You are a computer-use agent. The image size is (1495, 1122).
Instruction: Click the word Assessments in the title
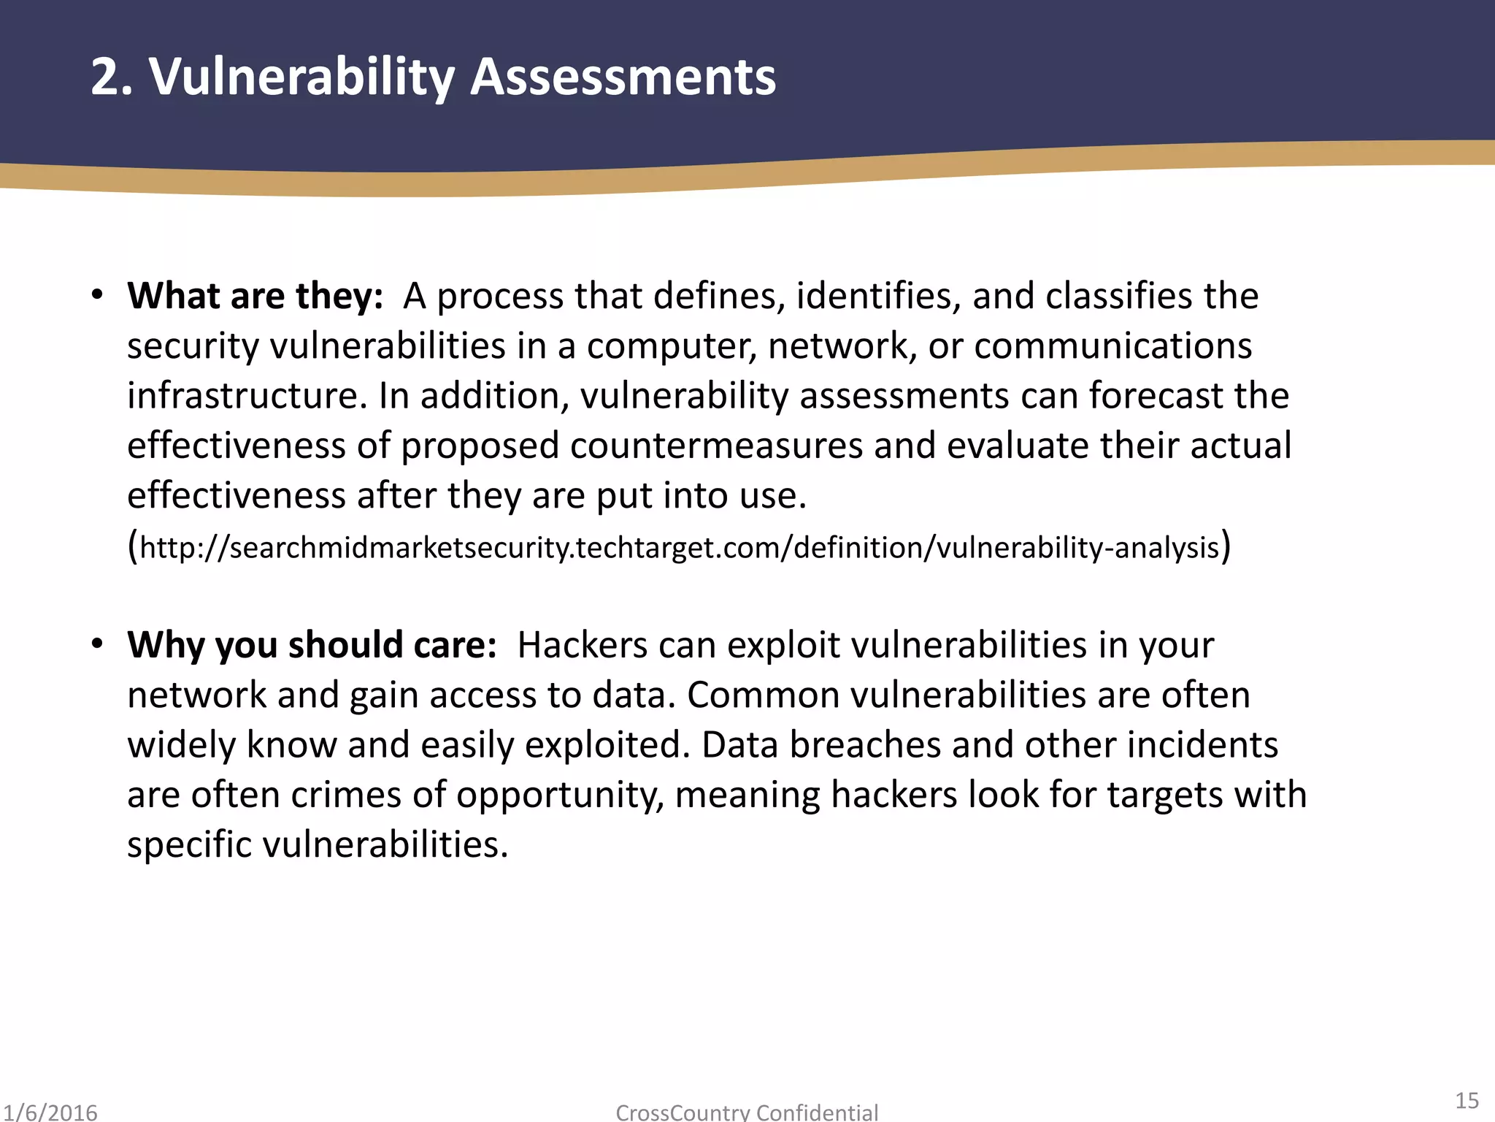point(623,77)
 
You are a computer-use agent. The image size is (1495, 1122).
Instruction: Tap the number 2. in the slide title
point(112,77)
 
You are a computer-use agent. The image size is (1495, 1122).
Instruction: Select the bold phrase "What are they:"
point(255,296)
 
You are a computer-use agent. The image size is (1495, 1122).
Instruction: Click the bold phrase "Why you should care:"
point(312,645)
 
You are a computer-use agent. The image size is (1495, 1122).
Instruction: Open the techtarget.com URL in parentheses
point(680,547)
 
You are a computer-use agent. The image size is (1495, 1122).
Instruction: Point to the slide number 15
point(1467,1100)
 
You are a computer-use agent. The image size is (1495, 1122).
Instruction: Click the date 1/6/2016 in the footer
point(50,1113)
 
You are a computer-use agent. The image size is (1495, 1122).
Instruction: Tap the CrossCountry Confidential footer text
point(747,1113)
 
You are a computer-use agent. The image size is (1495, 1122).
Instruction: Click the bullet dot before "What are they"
point(97,295)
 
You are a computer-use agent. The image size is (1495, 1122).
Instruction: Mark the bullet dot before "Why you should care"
point(97,644)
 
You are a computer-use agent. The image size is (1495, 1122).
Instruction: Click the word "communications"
point(1112,346)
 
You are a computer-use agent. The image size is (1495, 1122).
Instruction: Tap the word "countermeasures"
point(716,446)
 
